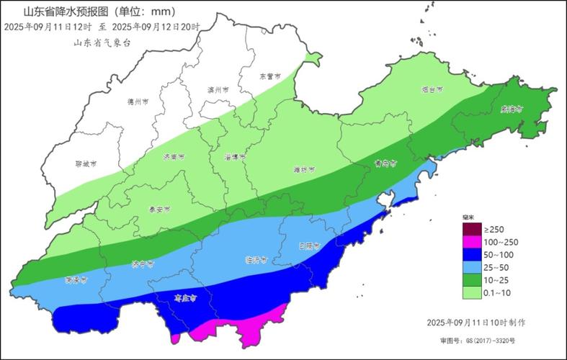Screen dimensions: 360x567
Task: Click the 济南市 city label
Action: click(x=174, y=156)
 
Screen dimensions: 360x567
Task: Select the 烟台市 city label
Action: click(x=432, y=90)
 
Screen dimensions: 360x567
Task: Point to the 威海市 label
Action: click(x=512, y=109)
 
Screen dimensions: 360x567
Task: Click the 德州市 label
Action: click(x=137, y=102)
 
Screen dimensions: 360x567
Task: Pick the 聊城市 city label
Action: click(x=85, y=164)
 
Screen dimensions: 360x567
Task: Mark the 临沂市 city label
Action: click(x=256, y=259)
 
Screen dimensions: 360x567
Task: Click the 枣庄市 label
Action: click(x=187, y=295)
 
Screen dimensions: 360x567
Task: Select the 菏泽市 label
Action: click(x=76, y=279)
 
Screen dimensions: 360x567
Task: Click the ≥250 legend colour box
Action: click(x=471, y=229)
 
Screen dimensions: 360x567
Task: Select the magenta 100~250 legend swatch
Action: click(x=471, y=241)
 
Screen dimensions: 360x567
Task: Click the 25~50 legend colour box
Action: click(x=471, y=266)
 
